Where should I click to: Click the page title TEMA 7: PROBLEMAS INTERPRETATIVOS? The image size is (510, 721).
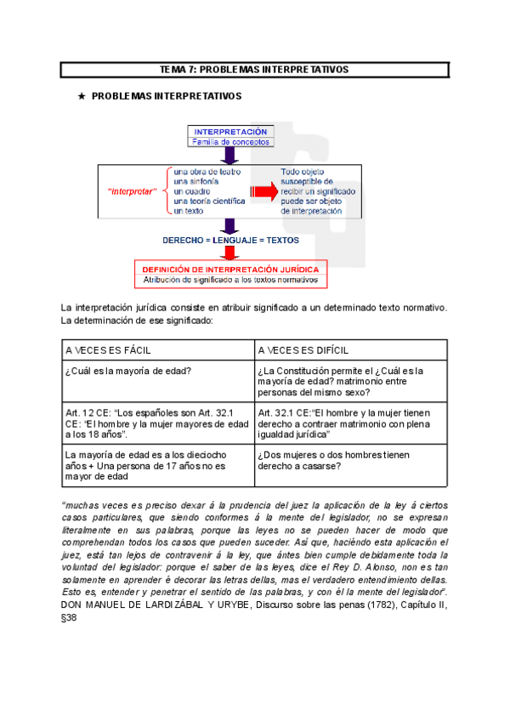click(x=254, y=69)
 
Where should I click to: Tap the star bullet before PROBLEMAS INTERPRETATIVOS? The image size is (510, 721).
click(x=82, y=97)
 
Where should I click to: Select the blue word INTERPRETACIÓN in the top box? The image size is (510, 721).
click(x=230, y=132)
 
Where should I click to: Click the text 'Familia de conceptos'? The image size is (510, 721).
click(x=230, y=142)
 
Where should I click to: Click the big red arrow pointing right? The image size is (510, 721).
click(x=264, y=191)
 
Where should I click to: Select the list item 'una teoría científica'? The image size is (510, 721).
click(x=209, y=201)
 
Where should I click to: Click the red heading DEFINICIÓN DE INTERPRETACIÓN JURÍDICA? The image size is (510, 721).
click(x=231, y=269)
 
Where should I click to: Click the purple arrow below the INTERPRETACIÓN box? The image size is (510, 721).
click(x=229, y=155)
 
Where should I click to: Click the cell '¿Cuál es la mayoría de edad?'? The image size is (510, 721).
click(x=127, y=371)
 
